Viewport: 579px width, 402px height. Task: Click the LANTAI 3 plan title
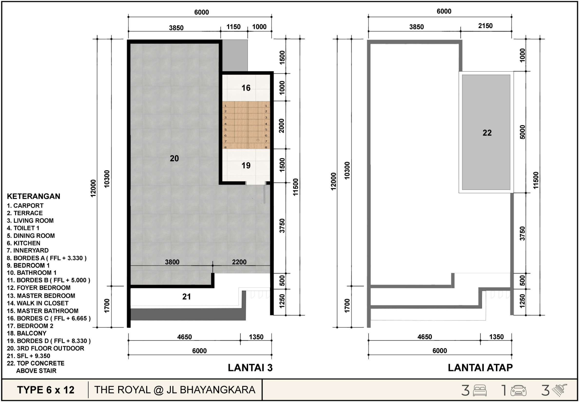pos(250,368)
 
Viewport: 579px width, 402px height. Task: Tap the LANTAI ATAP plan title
pos(480,368)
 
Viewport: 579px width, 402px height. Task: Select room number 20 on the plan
pos(174,158)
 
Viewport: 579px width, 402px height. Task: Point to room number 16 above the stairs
pos(246,88)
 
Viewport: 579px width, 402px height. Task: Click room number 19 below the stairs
pos(246,165)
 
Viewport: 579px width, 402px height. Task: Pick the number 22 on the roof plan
pos(487,133)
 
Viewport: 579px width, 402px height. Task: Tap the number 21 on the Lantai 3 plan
pos(186,297)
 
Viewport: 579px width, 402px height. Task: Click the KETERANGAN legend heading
pos(34,196)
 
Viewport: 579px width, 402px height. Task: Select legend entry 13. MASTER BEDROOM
pos(41,296)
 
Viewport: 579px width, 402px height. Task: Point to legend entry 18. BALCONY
pos(27,333)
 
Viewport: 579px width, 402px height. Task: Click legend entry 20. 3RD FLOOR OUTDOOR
pos(45,348)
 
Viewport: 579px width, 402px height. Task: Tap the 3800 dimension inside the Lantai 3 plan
pos(172,262)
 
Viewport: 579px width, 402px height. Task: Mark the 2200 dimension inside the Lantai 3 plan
pos(239,262)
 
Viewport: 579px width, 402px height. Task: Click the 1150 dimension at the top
pos(233,27)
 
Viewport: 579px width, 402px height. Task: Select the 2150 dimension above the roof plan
pos(485,26)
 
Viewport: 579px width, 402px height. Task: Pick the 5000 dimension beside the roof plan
pos(522,132)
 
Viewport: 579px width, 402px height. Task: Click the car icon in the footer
pos(518,390)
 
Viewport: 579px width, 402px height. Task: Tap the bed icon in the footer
pos(480,390)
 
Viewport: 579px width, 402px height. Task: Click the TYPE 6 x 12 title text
pos(46,390)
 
